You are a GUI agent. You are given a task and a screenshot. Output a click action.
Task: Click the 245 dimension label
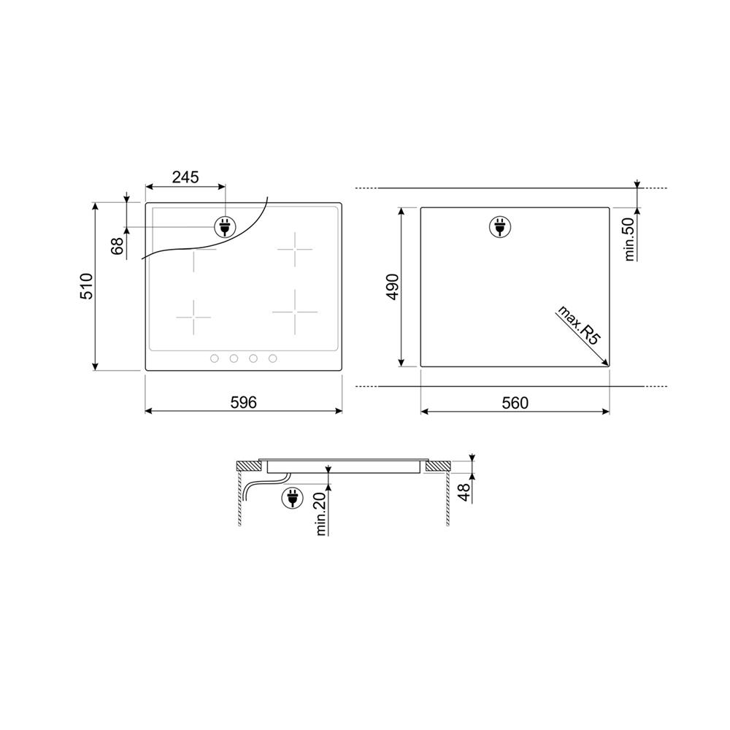[185, 177]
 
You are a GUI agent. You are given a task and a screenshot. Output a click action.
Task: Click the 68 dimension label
[118, 246]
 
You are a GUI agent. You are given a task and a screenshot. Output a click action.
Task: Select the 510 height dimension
[87, 286]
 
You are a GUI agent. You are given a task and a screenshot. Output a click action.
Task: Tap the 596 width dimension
[244, 402]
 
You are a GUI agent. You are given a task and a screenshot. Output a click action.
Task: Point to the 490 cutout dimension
[393, 287]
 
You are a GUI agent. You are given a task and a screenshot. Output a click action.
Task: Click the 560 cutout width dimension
[515, 403]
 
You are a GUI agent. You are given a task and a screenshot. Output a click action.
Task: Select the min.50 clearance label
[629, 239]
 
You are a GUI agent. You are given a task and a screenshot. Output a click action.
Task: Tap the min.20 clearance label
[320, 514]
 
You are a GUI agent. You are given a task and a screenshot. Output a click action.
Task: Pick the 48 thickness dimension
[464, 493]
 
